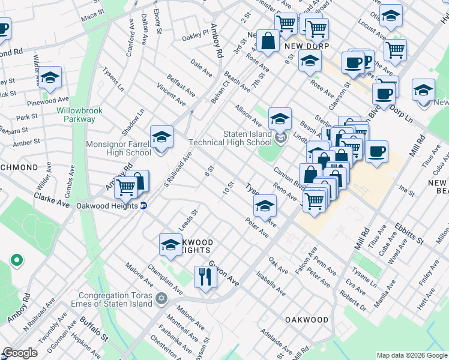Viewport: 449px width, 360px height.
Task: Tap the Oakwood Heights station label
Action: (x=107, y=205)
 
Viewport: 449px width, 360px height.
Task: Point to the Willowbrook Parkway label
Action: (x=76, y=115)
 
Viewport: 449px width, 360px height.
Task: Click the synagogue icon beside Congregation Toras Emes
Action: (x=161, y=298)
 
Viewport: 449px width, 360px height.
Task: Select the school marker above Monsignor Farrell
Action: (x=161, y=137)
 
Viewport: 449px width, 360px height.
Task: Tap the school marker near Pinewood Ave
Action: (x=50, y=77)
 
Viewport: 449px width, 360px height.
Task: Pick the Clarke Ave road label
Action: (x=52, y=200)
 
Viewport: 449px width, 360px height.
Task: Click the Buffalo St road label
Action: (x=93, y=329)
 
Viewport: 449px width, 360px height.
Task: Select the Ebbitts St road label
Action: (x=409, y=234)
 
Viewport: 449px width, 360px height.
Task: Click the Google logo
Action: (x=20, y=352)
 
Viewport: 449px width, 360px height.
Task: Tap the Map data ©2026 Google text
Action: (x=411, y=355)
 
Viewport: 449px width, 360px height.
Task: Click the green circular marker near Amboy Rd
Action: (x=17, y=260)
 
